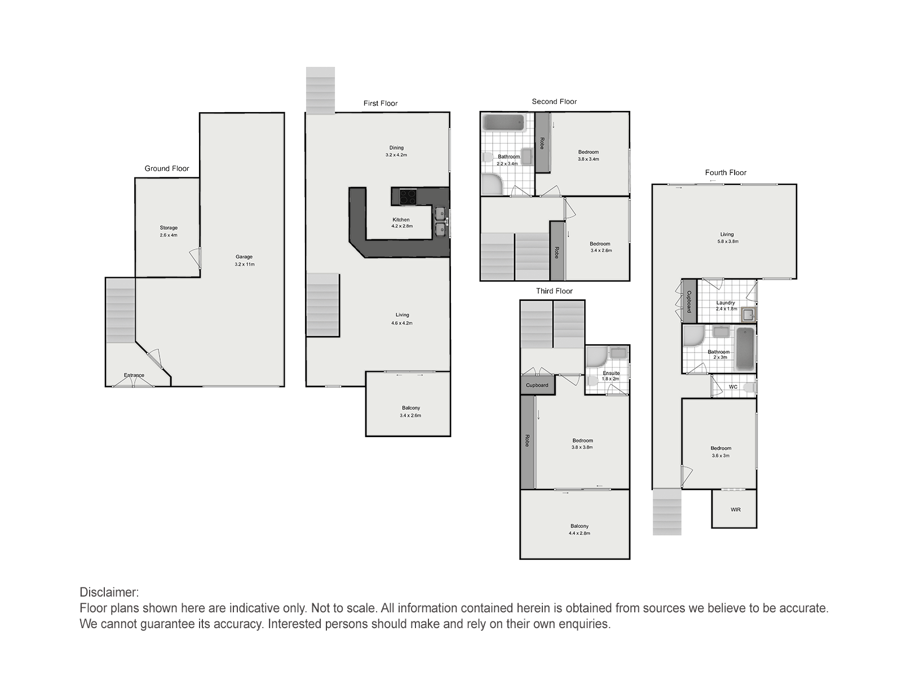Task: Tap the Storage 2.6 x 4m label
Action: click(169, 231)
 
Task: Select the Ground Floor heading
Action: click(167, 168)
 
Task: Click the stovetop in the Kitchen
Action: click(408, 197)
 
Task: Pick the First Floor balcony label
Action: click(410, 411)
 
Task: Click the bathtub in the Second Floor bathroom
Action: click(503, 122)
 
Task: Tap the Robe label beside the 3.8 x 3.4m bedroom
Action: click(542, 143)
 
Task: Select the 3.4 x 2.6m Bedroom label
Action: click(600, 247)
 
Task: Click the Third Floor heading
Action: click(554, 291)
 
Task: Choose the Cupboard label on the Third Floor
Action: click(537, 385)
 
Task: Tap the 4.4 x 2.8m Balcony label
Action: click(580, 530)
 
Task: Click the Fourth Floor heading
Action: click(726, 173)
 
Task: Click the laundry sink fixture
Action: click(748, 315)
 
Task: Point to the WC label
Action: click(733, 386)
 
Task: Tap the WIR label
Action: click(736, 509)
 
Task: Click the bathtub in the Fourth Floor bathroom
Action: click(745, 348)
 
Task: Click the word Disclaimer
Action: click(109, 592)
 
